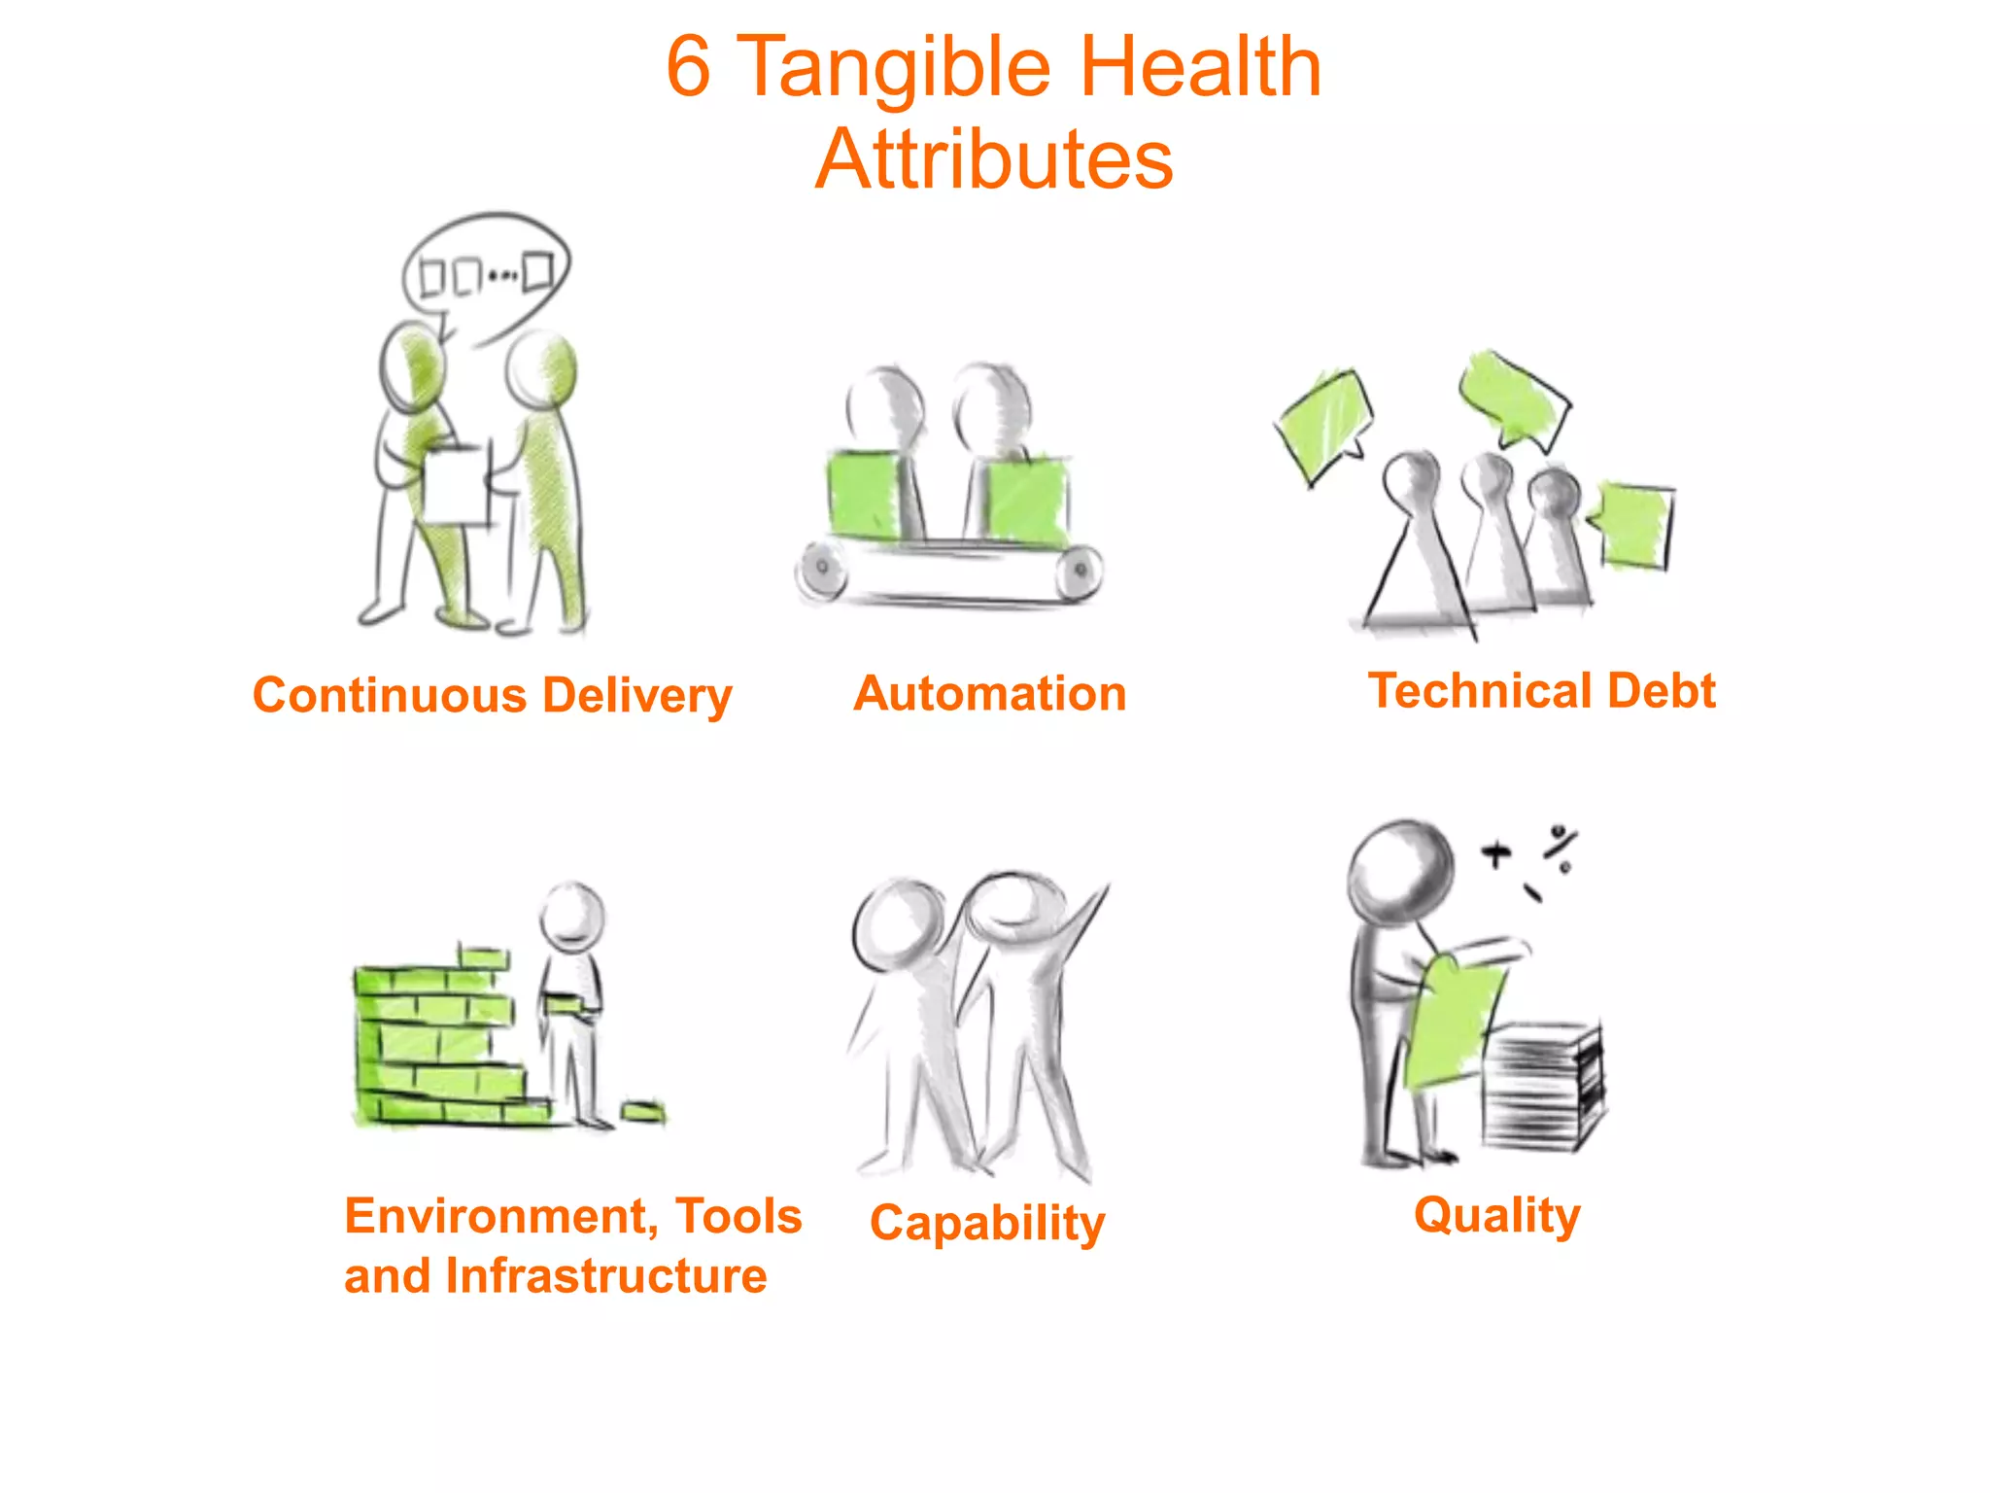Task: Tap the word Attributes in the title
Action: pyautogui.click(x=994, y=158)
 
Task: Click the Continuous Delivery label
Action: pyautogui.click(x=492, y=696)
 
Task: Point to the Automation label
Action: pyautogui.click(x=990, y=694)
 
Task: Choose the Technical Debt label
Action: pyautogui.click(x=1542, y=691)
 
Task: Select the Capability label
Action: pyautogui.click(x=987, y=1223)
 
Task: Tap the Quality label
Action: pyautogui.click(x=1497, y=1215)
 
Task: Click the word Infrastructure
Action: pyautogui.click(x=606, y=1276)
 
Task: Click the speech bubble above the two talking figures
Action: pyautogui.click(x=486, y=272)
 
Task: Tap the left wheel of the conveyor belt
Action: pyautogui.click(x=822, y=569)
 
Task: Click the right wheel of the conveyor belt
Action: pyautogui.click(x=1080, y=570)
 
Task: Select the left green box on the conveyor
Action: pyautogui.click(x=863, y=496)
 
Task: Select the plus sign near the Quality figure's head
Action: pyautogui.click(x=1496, y=855)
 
